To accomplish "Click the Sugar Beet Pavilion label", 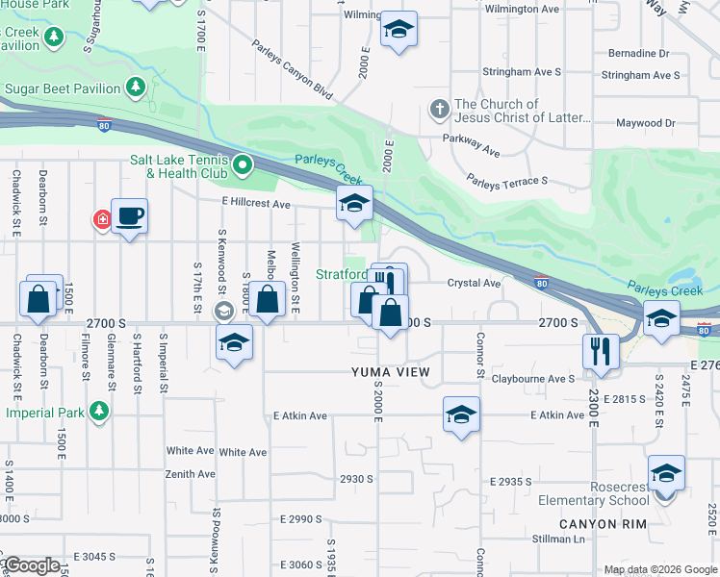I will point(63,88).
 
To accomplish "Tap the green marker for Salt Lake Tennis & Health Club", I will point(243,166).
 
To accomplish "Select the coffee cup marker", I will point(129,216).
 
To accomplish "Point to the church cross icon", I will point(439,108).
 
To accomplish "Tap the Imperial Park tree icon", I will point(98,412).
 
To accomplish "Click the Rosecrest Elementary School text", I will point(606,493).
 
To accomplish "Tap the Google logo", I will point(32,565).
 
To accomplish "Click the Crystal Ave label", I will point(474,284).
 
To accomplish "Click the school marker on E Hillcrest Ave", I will point(354,204).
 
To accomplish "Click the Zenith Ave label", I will point(191,474).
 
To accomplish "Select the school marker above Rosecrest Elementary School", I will point(665,474).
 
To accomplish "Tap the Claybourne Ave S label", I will point(533,379).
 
